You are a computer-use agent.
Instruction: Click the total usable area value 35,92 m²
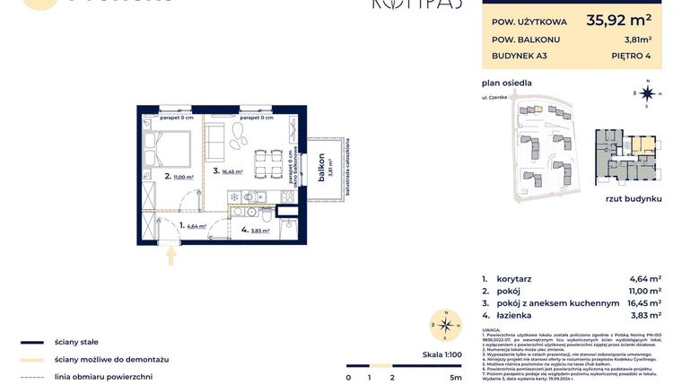coord(618,19)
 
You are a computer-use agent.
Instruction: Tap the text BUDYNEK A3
coord(520,56)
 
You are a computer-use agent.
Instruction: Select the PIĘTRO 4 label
coord(633,56)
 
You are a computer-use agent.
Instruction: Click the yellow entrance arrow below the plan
coord(171,256)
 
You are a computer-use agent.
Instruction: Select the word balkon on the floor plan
coord(320,168)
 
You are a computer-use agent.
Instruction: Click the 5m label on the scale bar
coord(456,378)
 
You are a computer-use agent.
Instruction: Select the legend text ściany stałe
coord(76,342)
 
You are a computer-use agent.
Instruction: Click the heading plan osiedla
coord(506,83)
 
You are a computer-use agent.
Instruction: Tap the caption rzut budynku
coord(633,197)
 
